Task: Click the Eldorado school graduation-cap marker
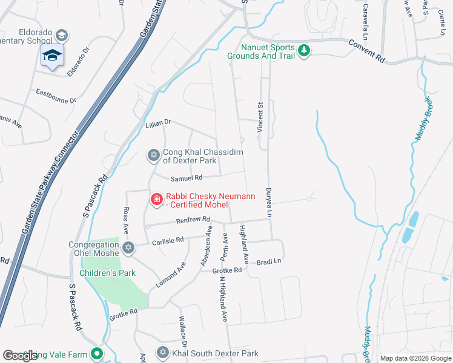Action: pyautogui.click(x=53, y=56)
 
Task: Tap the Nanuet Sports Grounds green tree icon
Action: pyautogui.click(x=304, y=50)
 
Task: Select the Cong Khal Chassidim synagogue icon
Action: pyautogui.click(x=154, y=155)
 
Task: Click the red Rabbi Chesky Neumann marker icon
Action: pyautogui.click(x=156, y=198)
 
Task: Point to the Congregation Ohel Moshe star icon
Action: pyautogui.click(x=128, y=247)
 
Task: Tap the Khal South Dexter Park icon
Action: pyautogui.click(x=163, y=353)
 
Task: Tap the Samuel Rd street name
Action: pyautogui.click(x=185, y=178)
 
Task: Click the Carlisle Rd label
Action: pyautogui.click(x=168, y=241)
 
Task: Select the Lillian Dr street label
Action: pyautogui.click(x=158, y=123)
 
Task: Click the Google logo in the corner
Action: pyautogui.click(x=20, y=356)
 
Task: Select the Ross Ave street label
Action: pyautogui.click(x=126, y=221)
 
